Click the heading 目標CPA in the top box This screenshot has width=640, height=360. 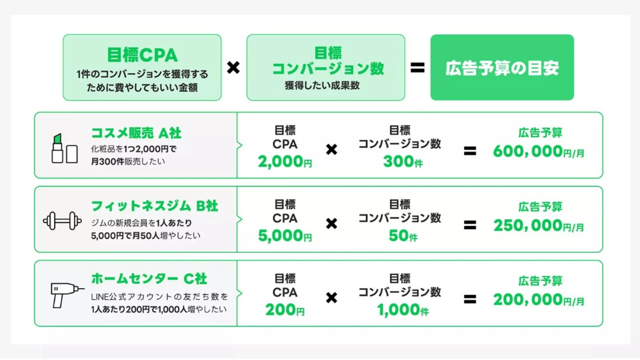tap(142, 55)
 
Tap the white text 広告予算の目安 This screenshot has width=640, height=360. tap(502, 68)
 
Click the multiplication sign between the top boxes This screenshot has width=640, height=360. tap(233, 68)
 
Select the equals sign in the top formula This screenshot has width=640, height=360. tap(418, 68)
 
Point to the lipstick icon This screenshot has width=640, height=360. tap(57, 148)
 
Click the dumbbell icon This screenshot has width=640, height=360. tap(62, 221)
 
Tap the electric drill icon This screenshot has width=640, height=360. tap(67, 295)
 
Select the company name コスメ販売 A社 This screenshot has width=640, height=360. tap(136, 133)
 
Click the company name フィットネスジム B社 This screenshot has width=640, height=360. tap(155, 206)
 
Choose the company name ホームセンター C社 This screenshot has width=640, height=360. tap(149, 279)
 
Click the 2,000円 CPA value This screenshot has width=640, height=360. tap(285, 162)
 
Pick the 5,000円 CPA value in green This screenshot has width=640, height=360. tap(285, 236)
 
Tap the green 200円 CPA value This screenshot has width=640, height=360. tap(285, 310)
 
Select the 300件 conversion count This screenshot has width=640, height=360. tap(403, 162)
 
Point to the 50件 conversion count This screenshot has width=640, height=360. tap(403, 236)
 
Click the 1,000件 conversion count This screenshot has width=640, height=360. tap(403, 310)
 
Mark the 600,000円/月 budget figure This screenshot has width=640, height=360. tap(539, 151)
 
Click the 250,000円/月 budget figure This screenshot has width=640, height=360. tap(539, 226)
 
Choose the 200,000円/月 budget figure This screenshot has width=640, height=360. tap(539, 300)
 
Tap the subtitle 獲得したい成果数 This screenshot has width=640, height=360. tap(322, 85)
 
